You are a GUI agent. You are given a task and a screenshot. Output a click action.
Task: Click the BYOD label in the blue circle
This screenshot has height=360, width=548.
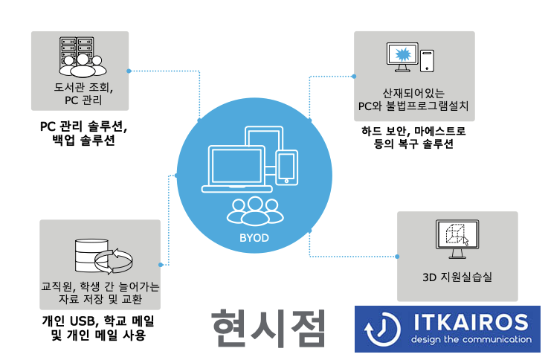(x=249, y=238)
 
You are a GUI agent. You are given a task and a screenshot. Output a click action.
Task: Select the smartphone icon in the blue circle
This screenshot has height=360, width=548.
(x=286, y=166)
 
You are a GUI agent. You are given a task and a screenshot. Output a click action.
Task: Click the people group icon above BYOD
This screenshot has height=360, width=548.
(x=249, y=210)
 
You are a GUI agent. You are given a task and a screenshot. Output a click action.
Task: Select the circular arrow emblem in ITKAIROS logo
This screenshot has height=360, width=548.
(x=381, y=328)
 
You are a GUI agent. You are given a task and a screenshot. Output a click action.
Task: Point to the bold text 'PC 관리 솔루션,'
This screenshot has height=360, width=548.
(x=83, y=126)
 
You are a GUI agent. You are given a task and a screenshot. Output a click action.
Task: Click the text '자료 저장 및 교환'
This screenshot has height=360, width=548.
(x=100, y=299)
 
